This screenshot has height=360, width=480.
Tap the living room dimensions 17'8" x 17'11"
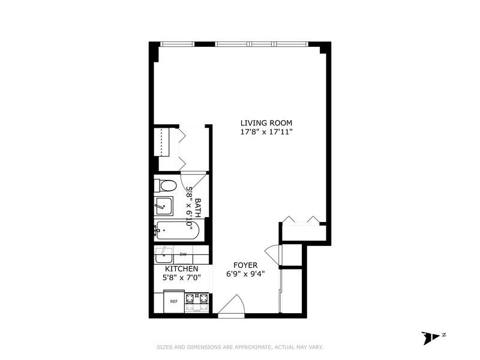click(x=266, y=131)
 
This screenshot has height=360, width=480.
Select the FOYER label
click(x=245, y=265)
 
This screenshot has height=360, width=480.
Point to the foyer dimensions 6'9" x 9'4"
click(x=245, y=274)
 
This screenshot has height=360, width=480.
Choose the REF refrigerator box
click(x=173, y=301)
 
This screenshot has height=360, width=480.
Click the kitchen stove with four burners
click(x=196, y=301)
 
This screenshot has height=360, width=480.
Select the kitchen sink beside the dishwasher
click(x=163, y=256)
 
